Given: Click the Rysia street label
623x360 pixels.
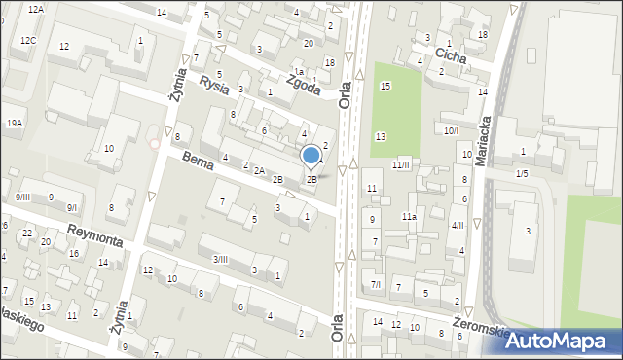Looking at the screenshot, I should pyautogui.click(x=213, y=85).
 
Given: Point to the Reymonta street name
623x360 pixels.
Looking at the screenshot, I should pyautogui.click(x=94, y=234).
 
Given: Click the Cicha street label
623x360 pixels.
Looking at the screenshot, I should pyautogui.click(x=450, y=56).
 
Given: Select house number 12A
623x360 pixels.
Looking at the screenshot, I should pyautogui.click(x=36, y=9).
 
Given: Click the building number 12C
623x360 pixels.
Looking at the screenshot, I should pyautogui.click(x=29, y=41).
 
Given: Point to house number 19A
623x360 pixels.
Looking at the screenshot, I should pyautogui.click(x=15, y=124).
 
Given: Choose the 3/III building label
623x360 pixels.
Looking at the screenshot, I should pyautogui.click(x=220, y=259).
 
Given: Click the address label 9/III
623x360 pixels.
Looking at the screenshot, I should pyautogui.click(x=22, y=198).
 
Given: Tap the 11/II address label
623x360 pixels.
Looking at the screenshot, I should pyautogui.click(x=401, y=165).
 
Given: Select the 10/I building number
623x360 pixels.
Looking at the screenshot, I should pyautogui.click(x=451, y=130).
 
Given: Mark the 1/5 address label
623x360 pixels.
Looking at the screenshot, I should pyautogui.click(x=522, y=173).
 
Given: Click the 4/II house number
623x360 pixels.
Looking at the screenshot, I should pyautogui.click(x=458, y=226).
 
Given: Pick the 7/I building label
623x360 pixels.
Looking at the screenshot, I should pyautogui.click(x=376, y=284).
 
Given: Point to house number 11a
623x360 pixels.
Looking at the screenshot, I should pyautogui.click(x=410, y=217).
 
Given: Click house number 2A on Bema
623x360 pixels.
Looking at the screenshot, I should pyautogui.click(x=259, y=171).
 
